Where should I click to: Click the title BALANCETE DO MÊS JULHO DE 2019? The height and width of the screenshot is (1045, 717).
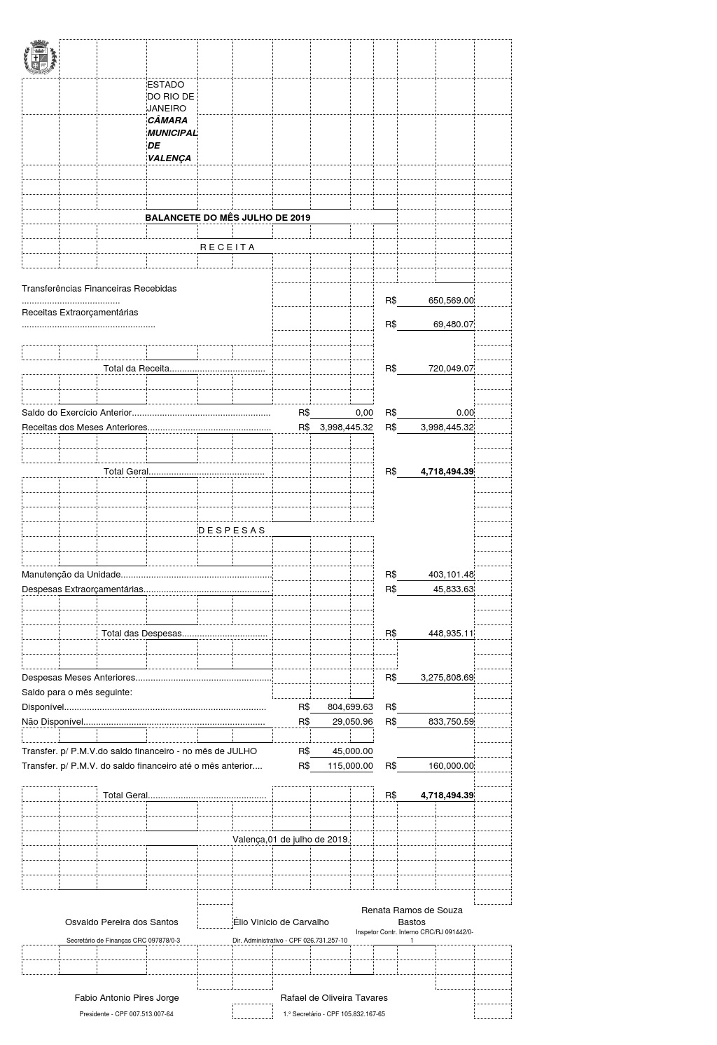(228, 218)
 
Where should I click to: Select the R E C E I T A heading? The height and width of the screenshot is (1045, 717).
(228, 247)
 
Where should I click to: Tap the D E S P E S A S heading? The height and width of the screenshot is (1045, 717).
(232, 531)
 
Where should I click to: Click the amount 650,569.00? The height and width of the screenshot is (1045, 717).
(451, 301)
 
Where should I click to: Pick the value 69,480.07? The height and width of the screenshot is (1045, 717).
(453, 325)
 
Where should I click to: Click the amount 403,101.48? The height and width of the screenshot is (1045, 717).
(451, 575)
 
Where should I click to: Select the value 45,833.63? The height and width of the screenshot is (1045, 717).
(453, 589)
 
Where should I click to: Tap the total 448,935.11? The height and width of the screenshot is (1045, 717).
(451, 634)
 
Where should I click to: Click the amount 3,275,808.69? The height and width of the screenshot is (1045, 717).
(447, 678)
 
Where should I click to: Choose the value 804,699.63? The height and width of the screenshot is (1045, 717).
(350, 707)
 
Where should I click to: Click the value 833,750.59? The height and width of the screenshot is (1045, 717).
(451, 722)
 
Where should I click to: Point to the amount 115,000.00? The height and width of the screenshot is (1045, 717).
(350, 766)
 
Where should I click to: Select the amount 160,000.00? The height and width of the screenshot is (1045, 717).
(451, 766)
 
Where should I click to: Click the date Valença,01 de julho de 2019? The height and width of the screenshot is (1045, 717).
(291, 840)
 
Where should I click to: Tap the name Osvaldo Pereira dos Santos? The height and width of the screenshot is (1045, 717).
(122, 922)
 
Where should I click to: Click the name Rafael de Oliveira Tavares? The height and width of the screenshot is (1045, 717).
(334, 998)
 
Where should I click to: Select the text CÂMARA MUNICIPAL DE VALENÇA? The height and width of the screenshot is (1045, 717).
(172, 139)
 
